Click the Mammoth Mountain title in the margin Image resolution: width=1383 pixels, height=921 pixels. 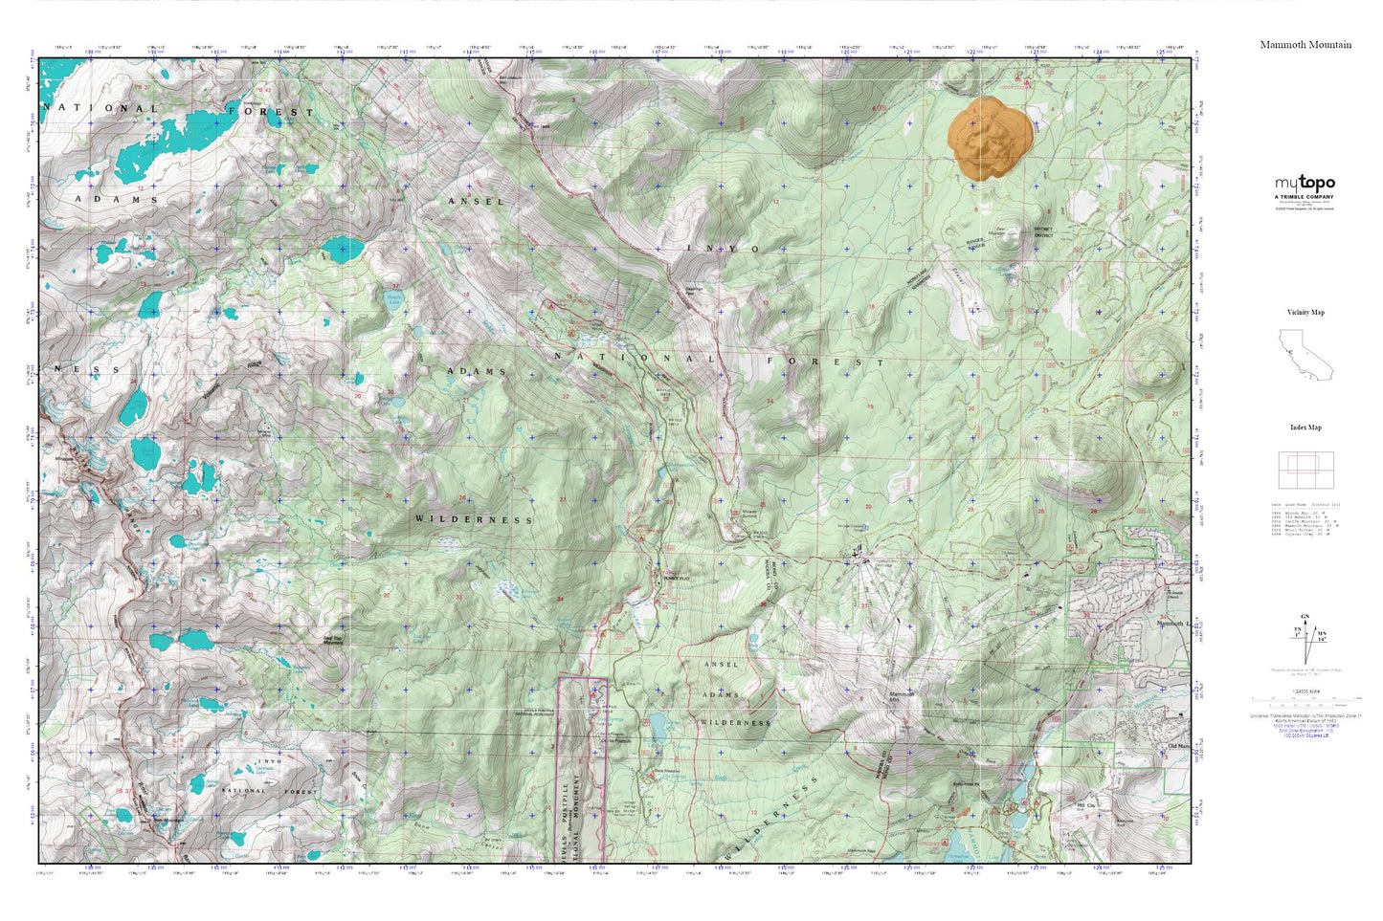coord(1305,45)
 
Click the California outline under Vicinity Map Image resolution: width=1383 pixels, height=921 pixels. coord(1304,355)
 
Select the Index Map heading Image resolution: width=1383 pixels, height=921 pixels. coord(1305,428)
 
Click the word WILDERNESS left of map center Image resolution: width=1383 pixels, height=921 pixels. coord(474,519)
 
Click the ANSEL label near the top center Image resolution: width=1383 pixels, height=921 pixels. coord(476,202)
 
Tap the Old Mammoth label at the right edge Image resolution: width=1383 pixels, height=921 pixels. coord(1176,746)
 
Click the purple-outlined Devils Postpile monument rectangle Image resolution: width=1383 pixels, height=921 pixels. coord(582,765)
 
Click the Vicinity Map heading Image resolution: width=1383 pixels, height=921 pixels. coord(1305,313)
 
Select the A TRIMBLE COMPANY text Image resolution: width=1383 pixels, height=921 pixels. coord(1304,197)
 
